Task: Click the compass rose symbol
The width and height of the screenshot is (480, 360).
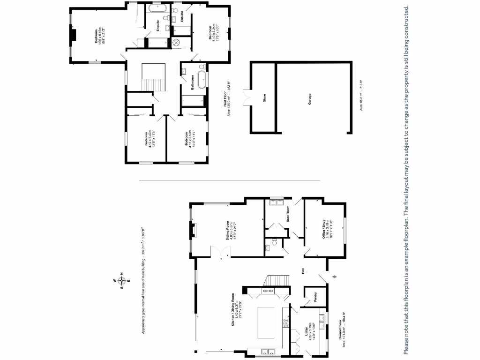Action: click(x=121, y=281)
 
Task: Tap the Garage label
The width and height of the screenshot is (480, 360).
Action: click(x=309, y=98)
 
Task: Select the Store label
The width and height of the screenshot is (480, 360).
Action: click(x=264, y=98)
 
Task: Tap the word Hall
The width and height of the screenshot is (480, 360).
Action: click(x=303, y=271)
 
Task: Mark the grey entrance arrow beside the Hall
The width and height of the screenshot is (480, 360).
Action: click(x=334, y=277)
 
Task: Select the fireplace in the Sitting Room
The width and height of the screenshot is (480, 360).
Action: click(x=193, y=230)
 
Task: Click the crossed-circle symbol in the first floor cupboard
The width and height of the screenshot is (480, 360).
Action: click(x=177, y=43)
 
